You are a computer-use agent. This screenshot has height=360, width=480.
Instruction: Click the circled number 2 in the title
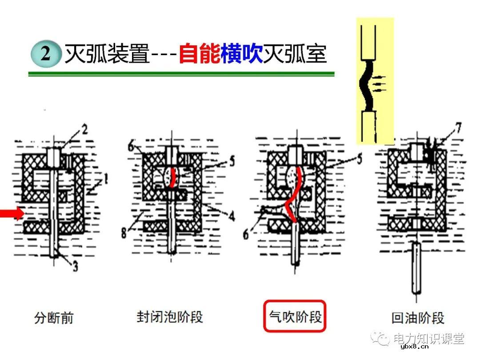[x=46, y=54]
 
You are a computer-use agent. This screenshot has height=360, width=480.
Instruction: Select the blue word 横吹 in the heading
[x=242, y=54]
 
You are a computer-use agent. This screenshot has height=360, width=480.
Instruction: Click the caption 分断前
[x=54, y=318]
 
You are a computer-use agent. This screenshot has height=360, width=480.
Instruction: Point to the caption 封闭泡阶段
[x=170, y=317]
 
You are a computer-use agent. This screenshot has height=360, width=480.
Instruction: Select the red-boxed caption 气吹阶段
[x=295, y=316]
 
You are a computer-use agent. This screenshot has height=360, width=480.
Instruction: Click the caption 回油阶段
[x=418, y=318]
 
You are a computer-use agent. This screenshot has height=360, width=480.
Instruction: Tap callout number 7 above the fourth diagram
[x=457, y=128]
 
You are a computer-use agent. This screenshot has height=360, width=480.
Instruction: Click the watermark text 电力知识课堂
[x=429, y=339]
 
